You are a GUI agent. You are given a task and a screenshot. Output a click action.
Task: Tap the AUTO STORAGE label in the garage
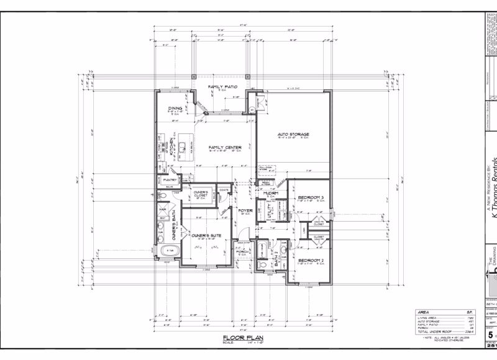click(293, 134)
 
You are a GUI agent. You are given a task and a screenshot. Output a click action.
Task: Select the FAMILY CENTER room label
click(225, 147)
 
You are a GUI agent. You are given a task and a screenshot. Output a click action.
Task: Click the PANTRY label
click(171, 180)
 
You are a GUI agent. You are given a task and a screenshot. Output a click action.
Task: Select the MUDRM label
click(270, 193)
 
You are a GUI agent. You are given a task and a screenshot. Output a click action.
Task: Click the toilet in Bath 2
click(262, 264)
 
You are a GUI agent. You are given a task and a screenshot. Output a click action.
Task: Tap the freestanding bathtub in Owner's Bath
click(170, 251)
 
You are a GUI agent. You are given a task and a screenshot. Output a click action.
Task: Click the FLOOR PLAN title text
click(240, 338)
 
